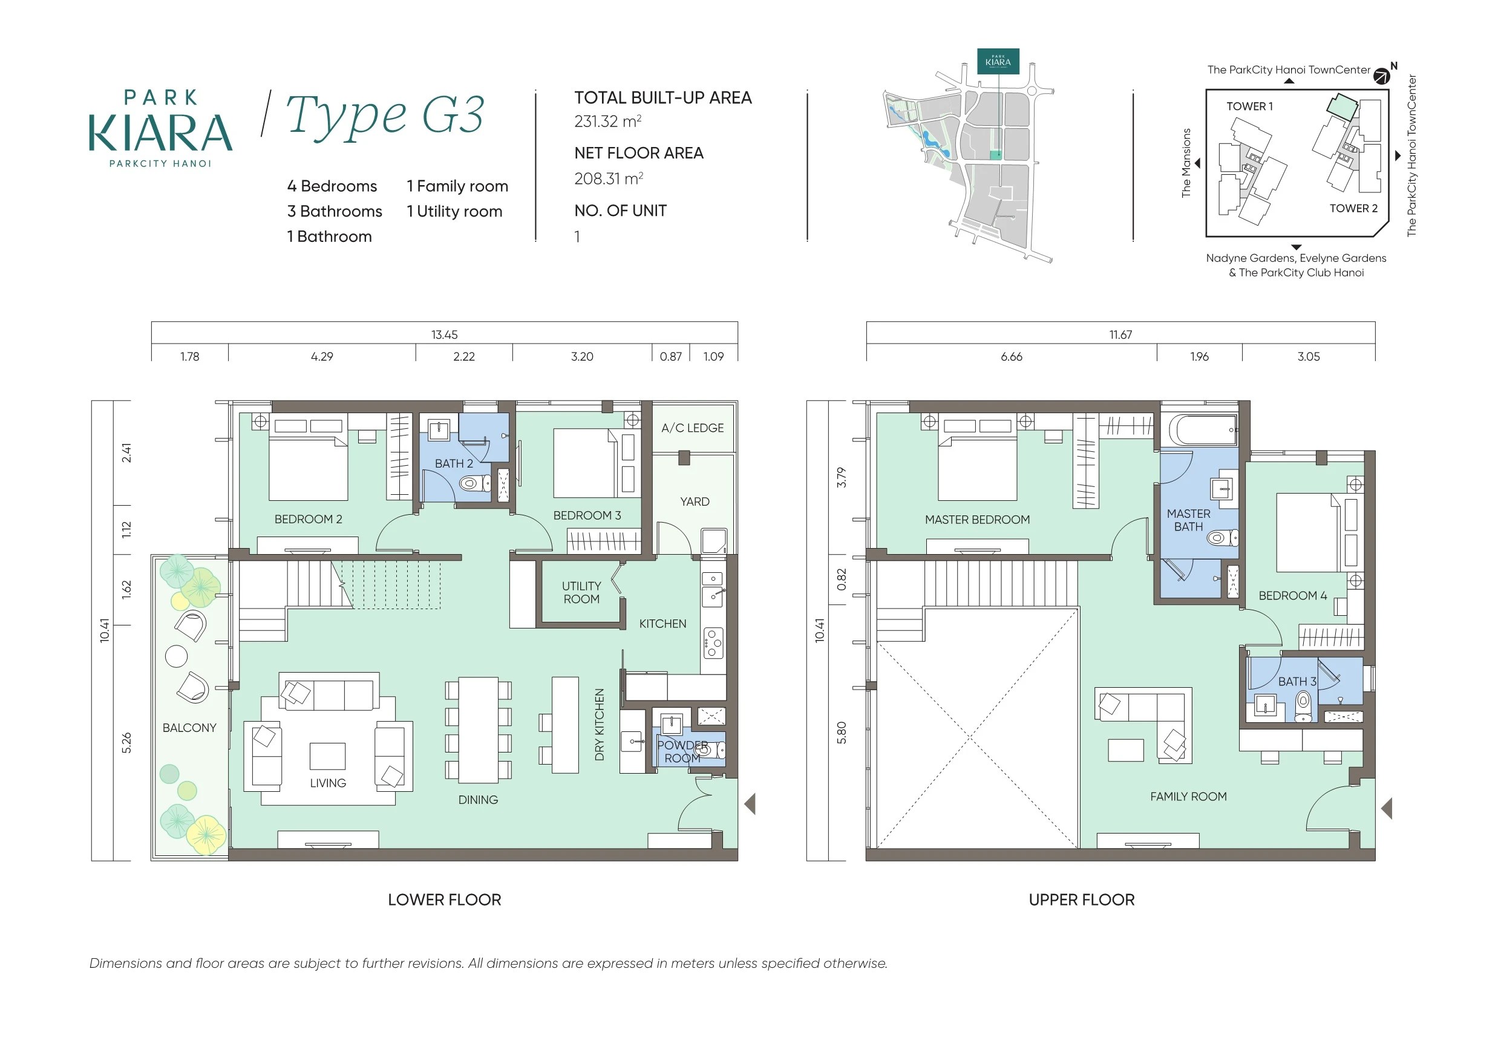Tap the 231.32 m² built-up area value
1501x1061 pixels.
607,122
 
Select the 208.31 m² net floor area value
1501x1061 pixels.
608,178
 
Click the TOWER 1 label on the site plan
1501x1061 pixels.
1249,106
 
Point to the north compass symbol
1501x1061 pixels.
1381,76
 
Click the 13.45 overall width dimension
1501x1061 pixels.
445,335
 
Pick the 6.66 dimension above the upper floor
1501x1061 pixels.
1012,357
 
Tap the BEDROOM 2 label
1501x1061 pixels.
308,519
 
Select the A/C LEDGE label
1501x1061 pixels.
692,428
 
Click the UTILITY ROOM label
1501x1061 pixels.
581,592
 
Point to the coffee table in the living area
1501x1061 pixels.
327,756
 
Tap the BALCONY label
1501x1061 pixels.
189,728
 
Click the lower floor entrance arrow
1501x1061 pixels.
750,803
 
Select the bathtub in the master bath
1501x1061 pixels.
1203,430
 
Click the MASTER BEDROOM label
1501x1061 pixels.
977,520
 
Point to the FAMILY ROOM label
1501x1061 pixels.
1188,796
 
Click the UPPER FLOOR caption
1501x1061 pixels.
1082,899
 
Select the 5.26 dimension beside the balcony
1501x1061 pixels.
127,743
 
